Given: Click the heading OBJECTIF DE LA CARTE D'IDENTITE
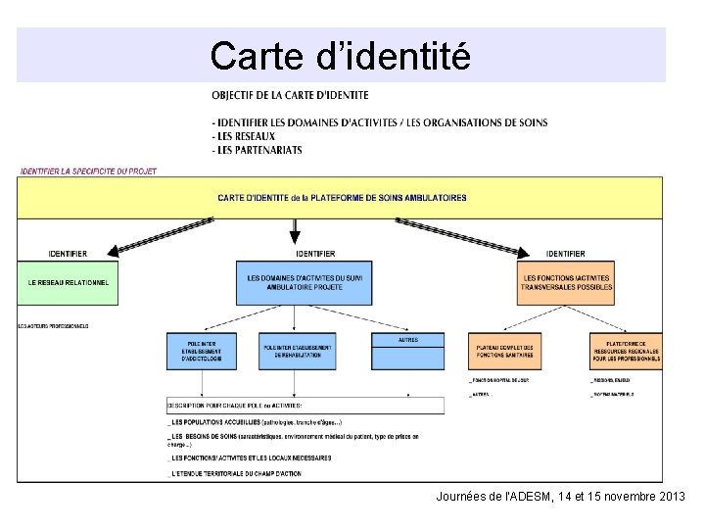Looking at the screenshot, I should [290, 95].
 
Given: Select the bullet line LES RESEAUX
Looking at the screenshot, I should [245, 136].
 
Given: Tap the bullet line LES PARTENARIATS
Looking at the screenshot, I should [258, 150].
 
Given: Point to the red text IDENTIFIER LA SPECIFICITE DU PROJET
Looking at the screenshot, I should [88, 171].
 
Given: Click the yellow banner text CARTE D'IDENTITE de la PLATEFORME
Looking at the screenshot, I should [342, 198].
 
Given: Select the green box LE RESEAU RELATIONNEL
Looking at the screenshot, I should [68, 282].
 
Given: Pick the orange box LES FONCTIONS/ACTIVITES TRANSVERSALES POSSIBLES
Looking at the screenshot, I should [568, 282].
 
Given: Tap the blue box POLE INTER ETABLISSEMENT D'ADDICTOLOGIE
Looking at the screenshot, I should [208, 353].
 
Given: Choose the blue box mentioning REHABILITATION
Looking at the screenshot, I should [297, 353].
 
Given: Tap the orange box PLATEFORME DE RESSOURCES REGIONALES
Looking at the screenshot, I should [626, 353].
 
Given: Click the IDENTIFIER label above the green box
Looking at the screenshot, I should [68, 254].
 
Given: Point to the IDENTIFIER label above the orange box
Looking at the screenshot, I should [566, 254].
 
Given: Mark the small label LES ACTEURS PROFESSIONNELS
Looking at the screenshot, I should [53, 325].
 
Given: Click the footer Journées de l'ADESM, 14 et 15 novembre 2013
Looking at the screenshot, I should [560, 498].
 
